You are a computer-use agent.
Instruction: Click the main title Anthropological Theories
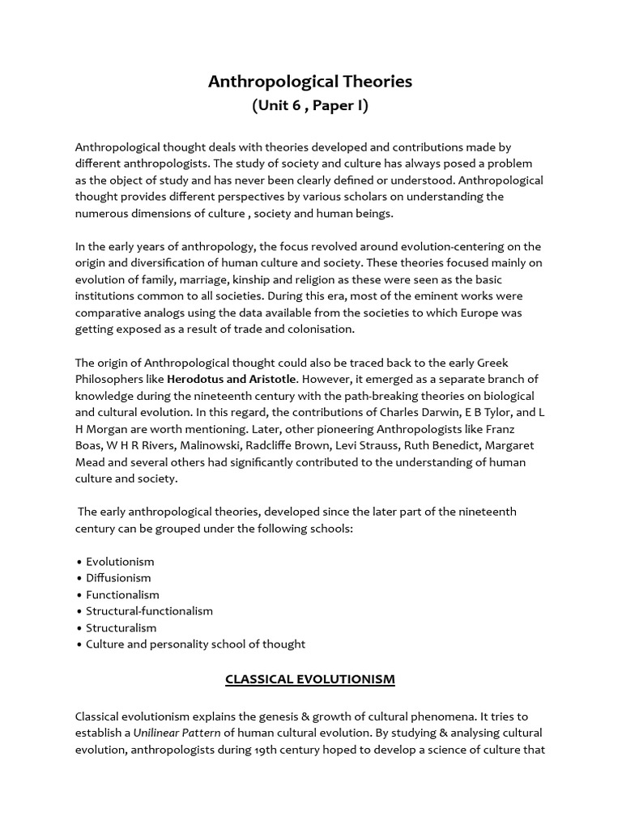tap(310, 82)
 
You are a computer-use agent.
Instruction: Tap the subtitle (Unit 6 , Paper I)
tap(310, 106)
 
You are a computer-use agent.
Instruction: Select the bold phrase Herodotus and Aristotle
tap(232, 379)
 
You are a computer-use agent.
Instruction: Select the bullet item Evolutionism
tap(120, 561)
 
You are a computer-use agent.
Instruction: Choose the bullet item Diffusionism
tap(118, 578)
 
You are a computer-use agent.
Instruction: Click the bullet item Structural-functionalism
tap(149, 611)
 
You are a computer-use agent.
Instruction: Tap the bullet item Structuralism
tap(121, 627)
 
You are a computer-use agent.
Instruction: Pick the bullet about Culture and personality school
tap(195, 644)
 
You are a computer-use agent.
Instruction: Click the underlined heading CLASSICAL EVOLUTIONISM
tap(310, 679)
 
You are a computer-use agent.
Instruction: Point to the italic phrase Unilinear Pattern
tap(177, 733)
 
